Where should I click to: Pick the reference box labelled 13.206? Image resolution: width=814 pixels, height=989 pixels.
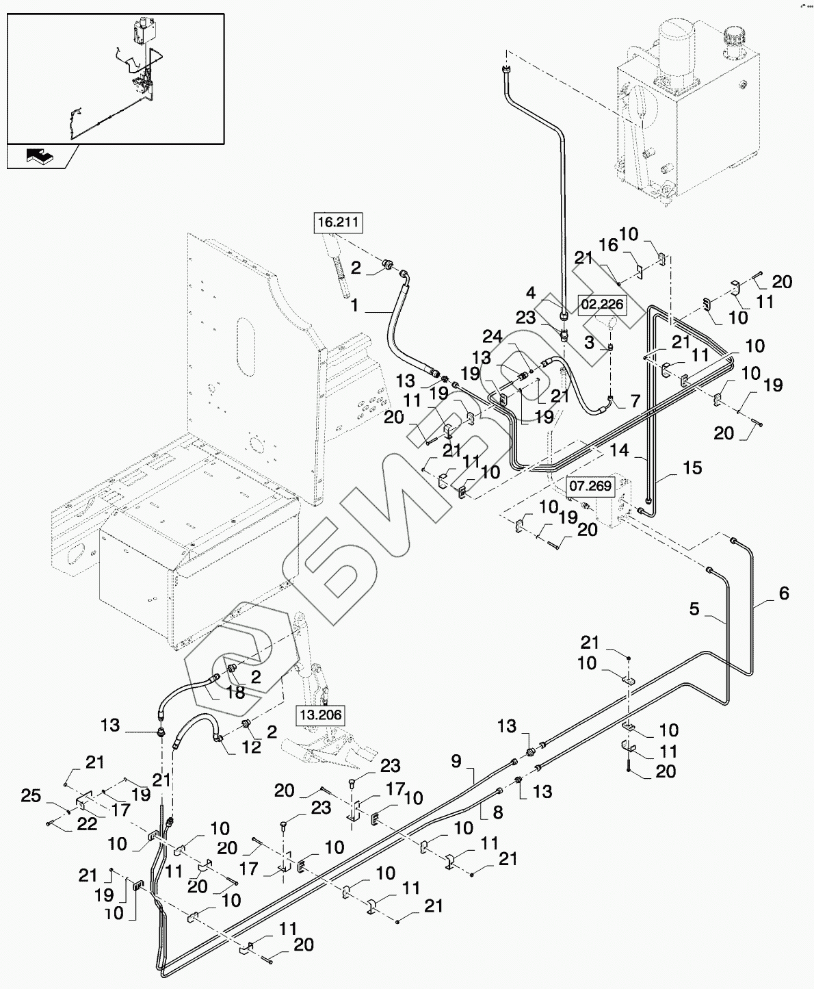tap(319, 715)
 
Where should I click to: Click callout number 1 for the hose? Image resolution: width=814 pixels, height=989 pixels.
tap(355, 306)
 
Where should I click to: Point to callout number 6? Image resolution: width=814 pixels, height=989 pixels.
tap(784, 593)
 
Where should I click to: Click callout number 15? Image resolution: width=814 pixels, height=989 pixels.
tap(692, 468)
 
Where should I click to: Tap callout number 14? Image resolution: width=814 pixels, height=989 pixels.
tap(619, 450)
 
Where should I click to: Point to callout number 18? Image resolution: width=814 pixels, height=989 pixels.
tap(235, 693)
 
